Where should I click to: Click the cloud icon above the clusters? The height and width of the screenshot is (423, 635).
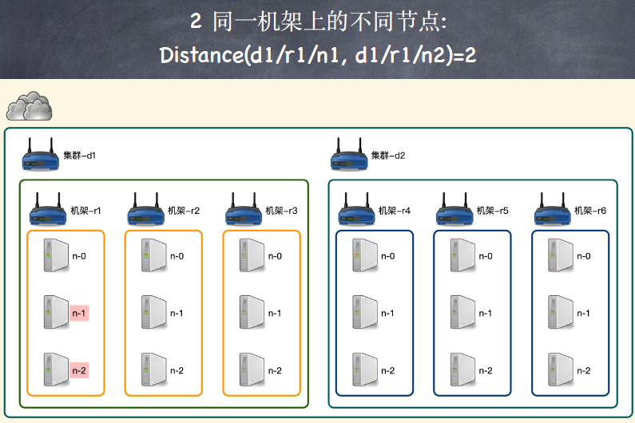[x=30, y=105]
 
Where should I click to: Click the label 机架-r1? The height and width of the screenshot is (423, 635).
[x=85, y=211]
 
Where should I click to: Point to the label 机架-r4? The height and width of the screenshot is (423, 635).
[x=394, y=211]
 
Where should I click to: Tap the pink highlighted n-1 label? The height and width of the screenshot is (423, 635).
[x=78, y=313]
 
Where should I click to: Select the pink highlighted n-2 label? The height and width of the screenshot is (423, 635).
[x=78, y=370]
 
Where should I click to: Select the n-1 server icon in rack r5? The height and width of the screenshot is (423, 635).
[x=462, y=312]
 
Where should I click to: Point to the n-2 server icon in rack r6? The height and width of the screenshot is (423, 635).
[x=559, y=370]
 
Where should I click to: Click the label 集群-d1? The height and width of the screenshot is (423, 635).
[x=79, y=155]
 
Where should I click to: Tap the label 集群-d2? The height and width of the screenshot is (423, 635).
[x=388, y=155]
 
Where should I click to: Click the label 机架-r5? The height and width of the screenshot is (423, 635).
[x=492, y=211]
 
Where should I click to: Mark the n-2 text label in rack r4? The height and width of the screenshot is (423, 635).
[x=388, y=370]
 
